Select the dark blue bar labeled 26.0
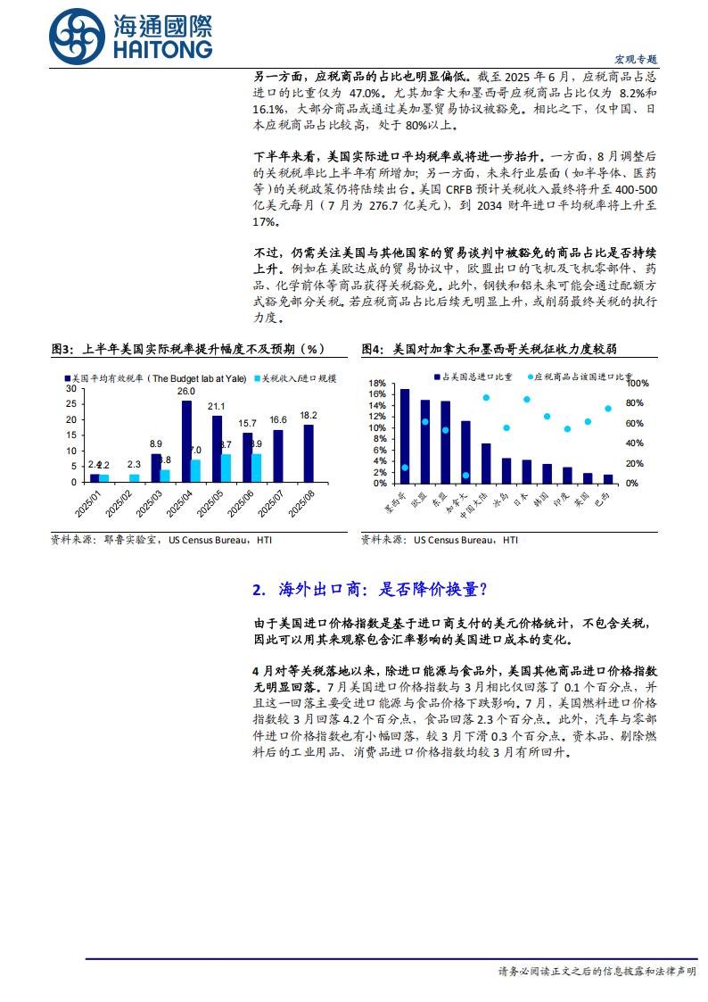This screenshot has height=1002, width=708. pyautogui.click(x=186, y=441)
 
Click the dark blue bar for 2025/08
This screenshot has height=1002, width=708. pyautogui.click(x=309, y=453)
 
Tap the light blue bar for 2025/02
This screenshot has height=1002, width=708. pyautogui.click(x=135, y=477)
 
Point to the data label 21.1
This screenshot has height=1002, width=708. pyautogui.click(x=217, y=407)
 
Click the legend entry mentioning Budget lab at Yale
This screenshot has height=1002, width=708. pyautogui.click(x=161, y=378)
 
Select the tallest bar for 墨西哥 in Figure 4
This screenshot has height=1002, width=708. pyautogui.click(x=405, y=435)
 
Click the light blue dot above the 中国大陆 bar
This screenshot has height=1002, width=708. pyautogui.click(x=486, y=398)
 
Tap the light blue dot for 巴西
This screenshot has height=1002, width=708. pyautogui.click(x=608, y=409)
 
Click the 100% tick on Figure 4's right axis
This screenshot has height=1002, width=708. pyautogui.click(x=636, y=384)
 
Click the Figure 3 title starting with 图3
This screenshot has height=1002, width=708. pyautogui.click(x=187, y=348)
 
